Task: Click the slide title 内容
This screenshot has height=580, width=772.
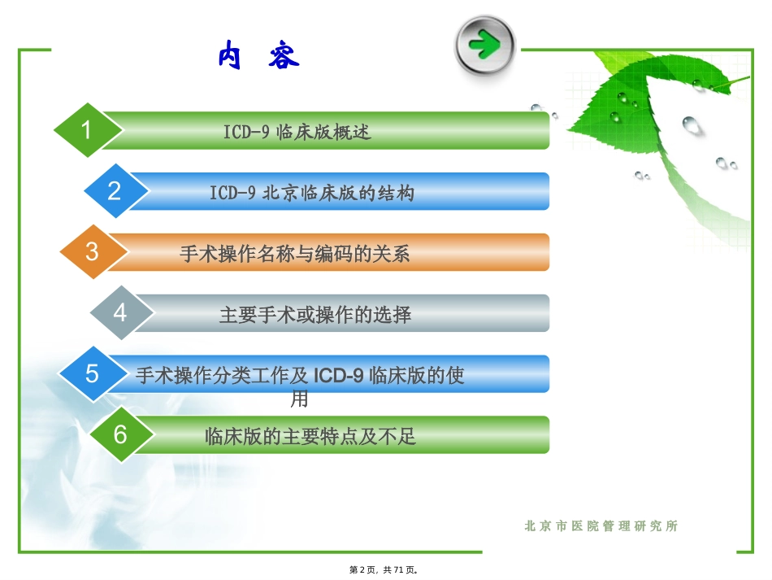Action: tap(258, 56)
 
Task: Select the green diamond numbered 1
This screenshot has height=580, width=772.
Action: tap(87, 130)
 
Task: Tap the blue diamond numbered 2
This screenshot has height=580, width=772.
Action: tap(115, 191)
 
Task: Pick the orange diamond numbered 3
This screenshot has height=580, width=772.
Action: tap(92, 251)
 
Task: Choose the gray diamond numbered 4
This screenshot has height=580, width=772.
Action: tap(120, 312)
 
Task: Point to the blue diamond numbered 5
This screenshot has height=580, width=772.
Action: tap(92, 373)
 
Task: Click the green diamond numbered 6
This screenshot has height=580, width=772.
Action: tap(120, 434)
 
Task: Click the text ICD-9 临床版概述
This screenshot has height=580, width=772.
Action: tap(297, 132)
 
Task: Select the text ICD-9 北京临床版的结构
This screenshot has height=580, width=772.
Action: tap(312, 193)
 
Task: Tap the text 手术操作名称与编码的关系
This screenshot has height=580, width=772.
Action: tap(295, 253)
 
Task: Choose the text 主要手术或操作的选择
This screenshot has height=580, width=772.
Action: tap(315, 314)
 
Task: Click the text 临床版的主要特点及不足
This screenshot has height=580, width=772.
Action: tap(310, 436)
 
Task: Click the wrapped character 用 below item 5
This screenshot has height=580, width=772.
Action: tap(299, 399)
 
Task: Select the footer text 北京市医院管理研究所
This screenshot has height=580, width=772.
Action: tap(601, 526)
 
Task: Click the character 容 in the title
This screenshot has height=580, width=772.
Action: tap(282, 56)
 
